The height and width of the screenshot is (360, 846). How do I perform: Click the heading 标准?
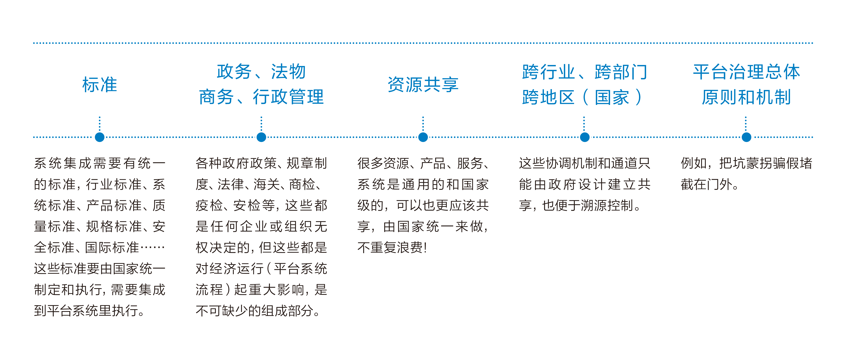pyautogui.click(x=99, y=85)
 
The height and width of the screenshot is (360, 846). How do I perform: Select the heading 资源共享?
pyautogui.click(x=423, y=85)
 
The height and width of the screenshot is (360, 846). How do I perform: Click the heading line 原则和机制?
pyautogui.click(x=746, y=97)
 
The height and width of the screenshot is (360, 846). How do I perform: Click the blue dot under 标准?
pyautogui.click(x=99, y=137)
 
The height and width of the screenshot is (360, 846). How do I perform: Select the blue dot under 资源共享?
pyautogui.click(x=423, y=137)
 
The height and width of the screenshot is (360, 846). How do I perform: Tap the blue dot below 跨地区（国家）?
pyautogui.click(x=585, y=137)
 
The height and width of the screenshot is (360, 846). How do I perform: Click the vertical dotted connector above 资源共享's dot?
pyautogui.click(x=423, y=124)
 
